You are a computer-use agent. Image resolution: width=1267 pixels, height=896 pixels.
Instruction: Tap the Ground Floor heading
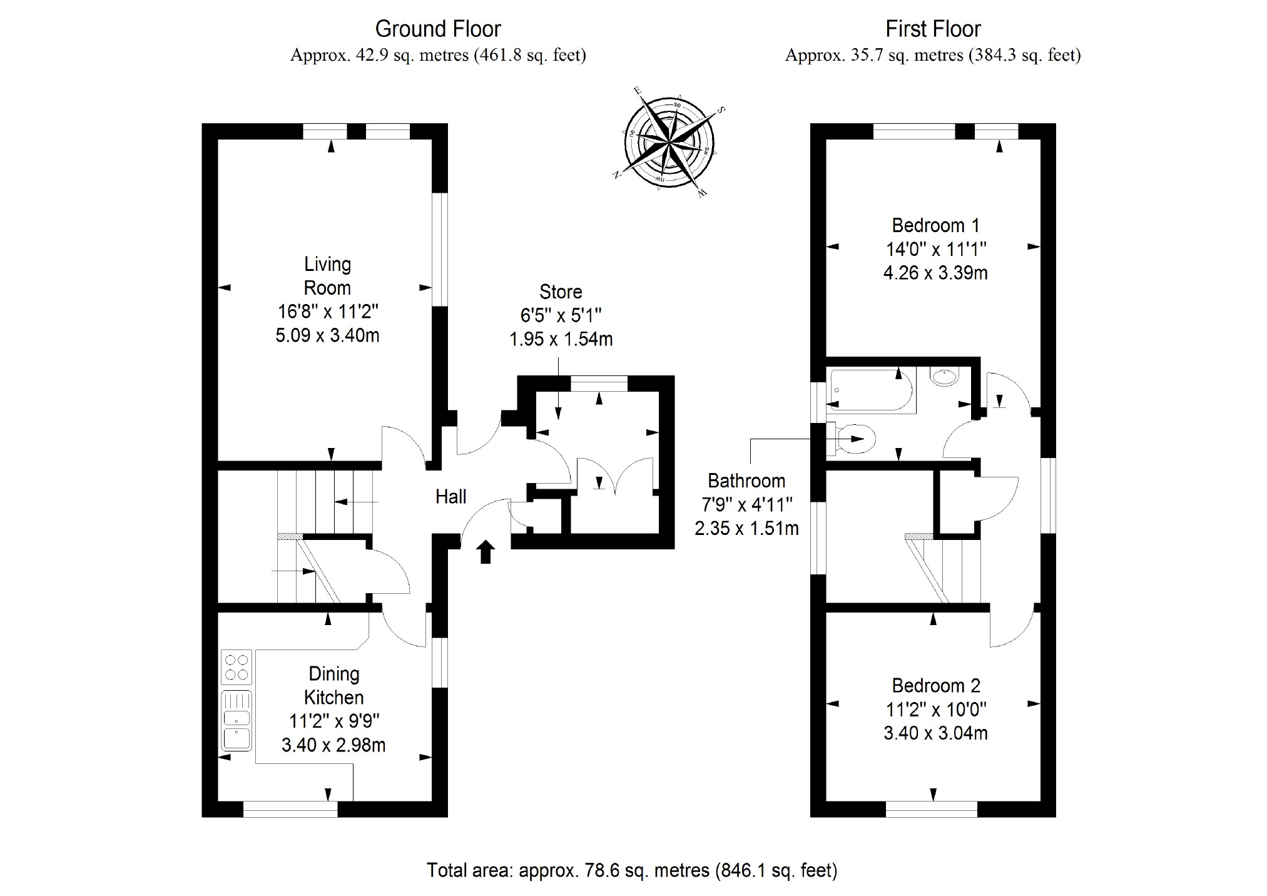click(438, 29)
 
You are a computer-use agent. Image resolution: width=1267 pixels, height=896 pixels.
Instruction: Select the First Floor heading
click(933, 29)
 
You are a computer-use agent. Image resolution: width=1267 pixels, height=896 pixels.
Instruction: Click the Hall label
click(450, 497)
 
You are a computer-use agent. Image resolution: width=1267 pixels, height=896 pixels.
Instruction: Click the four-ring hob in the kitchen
click(237, 667)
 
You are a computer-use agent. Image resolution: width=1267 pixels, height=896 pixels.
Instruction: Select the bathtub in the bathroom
click(870, 390)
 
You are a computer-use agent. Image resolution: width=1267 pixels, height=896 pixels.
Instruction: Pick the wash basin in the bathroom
click(944, 377)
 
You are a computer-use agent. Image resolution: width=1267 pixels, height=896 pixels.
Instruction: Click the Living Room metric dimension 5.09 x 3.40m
click(327, 335)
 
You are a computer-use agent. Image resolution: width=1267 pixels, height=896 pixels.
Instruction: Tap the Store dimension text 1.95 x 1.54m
click(561, 339)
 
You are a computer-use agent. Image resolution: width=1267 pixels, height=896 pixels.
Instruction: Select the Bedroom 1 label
click(935, 225)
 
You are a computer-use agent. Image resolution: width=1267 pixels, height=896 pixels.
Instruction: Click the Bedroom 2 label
click(935, 686)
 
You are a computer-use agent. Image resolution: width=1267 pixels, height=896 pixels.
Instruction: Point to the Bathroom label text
click(746, 481)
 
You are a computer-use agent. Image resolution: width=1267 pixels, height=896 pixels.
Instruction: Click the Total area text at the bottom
click(632, 870)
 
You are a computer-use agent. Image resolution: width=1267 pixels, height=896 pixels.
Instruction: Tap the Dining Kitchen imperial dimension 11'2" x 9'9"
click(333, 721)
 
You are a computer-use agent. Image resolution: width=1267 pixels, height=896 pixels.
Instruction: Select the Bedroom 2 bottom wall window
click(932, 810)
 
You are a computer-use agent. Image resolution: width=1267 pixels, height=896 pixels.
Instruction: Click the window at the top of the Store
click(599, 383)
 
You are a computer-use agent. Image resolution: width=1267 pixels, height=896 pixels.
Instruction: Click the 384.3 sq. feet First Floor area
click(1025, 56)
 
